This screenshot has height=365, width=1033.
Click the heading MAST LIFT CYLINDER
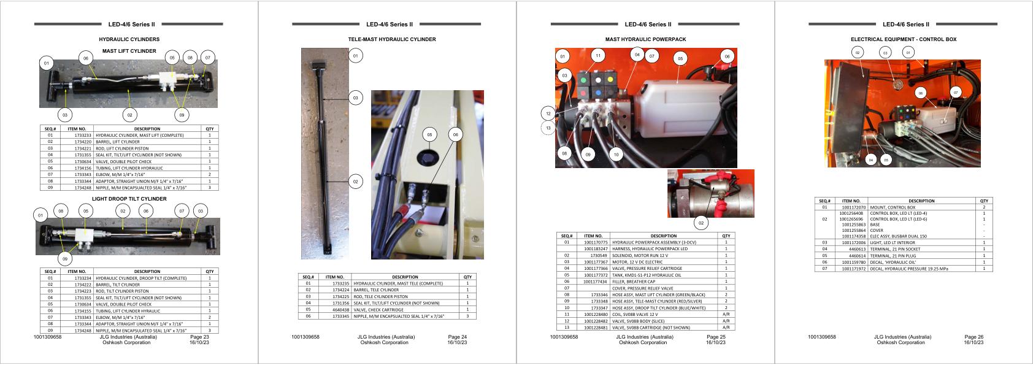click(x=129, y=51)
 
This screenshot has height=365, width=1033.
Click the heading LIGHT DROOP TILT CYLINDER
click(x=129, y=199)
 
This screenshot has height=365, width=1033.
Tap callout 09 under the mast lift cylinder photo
click(x=182, y=115)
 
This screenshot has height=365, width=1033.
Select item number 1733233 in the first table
click(x=83, y=135)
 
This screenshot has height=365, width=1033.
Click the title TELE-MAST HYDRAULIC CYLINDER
click(x=392, y=39)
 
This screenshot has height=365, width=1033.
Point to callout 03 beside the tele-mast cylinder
click(x=355, y=98)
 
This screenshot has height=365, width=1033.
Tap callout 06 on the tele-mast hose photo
click(x=455, y=134)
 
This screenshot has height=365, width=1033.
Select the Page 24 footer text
click(x=458, y=337)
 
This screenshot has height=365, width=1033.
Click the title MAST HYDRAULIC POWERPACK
click(x=645, y=39)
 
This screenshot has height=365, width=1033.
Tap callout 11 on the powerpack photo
click(x=598, y=56)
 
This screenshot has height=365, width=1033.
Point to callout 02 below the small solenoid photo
click(x=701, y=223)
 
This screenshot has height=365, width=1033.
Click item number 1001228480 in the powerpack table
click(x=595, y=314)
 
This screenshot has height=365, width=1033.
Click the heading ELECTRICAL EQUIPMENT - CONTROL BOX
click(x=904, y=39)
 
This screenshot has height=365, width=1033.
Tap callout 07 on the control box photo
click(x=956, y=92)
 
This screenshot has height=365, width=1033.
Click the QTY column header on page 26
click(x=984, y=201)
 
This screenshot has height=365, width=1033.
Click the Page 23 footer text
click(x=199, y=337)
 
